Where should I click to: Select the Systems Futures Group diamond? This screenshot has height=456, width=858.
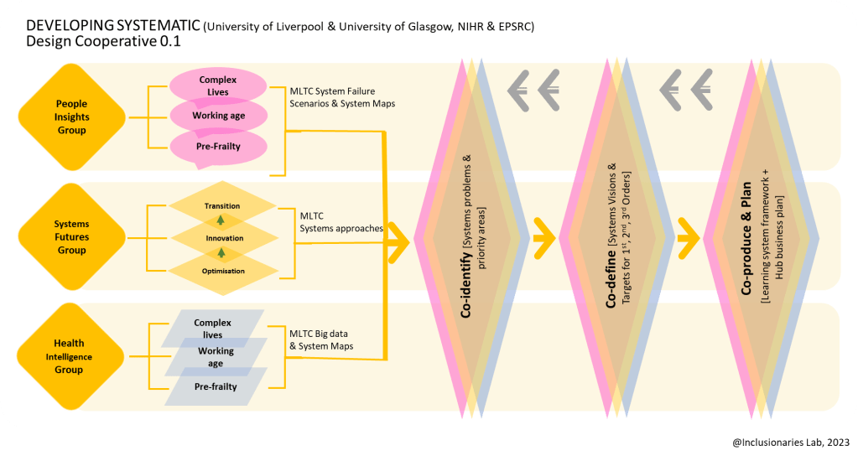pos(71,237)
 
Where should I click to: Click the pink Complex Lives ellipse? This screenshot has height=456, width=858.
pos(218,85)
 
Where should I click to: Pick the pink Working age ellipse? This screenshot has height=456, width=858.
pos(218,116)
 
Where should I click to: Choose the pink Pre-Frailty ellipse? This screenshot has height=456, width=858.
pos(218,146)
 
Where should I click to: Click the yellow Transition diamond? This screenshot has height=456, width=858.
pos(222,205)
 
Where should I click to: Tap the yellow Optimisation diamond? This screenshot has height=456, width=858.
pos(222,271)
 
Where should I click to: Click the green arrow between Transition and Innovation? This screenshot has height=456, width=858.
pos(221,220)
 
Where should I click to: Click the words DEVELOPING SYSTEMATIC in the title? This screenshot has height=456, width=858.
pos(101,26)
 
